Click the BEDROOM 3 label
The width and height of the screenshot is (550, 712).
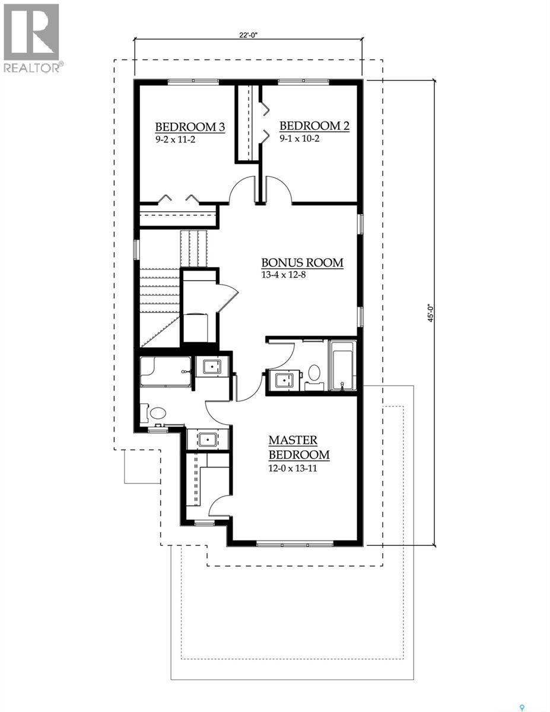[x=190, y=126]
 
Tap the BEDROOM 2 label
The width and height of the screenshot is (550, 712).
[x=314, y=126]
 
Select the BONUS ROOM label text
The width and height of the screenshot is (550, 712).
[x=303, y=263]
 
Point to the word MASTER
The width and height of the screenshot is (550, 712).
[x=293, y=440]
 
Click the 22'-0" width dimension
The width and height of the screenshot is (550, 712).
[x=249, y=35]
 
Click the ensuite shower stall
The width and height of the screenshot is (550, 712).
[x=166, y=371]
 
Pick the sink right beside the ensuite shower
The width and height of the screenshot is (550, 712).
[x=212, y=367]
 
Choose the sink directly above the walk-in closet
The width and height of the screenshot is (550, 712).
[x=208, y=440]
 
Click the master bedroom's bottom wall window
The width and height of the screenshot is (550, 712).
[x=295, y=542]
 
